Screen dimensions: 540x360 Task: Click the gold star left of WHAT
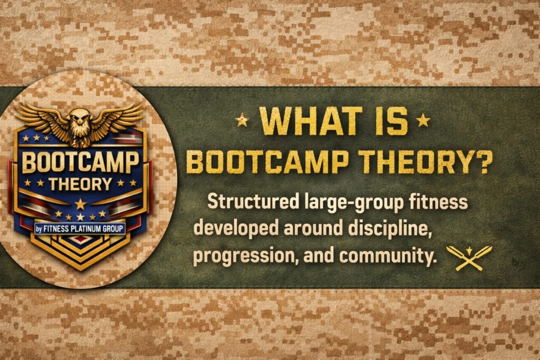coord(242,120)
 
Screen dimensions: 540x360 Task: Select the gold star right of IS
coord(423,120)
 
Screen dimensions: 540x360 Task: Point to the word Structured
coord(253,201)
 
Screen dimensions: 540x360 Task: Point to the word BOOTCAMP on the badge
coord(80,162)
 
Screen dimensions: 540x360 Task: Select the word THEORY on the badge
coord(80,184)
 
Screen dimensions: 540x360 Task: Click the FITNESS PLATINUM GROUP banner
coord(80,229)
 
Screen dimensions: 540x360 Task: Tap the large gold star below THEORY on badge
coord(80,204)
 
